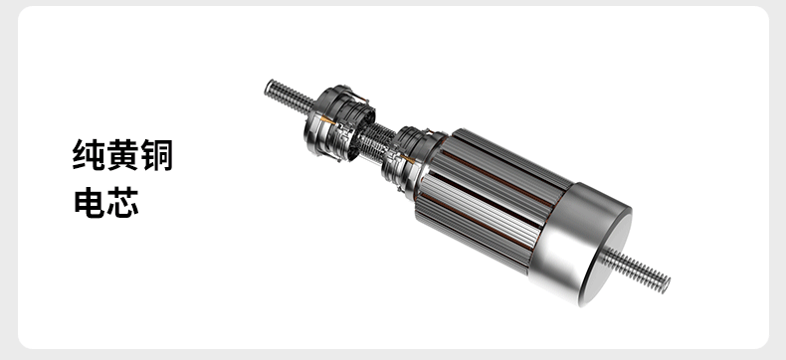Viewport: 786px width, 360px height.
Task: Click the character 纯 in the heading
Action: [x=89, y=155]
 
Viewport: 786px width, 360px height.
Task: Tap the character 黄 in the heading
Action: [x=122, y=155]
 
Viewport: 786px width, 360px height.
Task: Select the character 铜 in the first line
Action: [x=156, y=155]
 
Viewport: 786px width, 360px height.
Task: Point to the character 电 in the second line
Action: [x=90, y=202]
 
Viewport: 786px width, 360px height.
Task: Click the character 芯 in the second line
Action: [x=122, y=202]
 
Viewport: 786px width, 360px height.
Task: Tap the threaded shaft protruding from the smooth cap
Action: [x=636, y=270]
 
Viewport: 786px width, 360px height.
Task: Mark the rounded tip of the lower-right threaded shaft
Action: [x=667, y=285]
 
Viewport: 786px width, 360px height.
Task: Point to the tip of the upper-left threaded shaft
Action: [x=269, y=87]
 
